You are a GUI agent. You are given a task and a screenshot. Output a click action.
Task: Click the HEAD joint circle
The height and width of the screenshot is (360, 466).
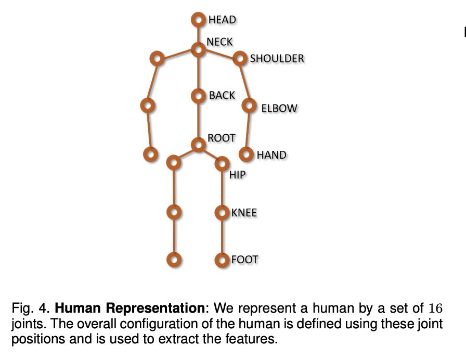point(198,20)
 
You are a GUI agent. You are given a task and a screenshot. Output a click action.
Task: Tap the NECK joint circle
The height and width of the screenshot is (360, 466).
point(198,49)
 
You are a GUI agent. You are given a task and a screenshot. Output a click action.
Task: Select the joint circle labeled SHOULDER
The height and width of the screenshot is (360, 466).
point(240,58)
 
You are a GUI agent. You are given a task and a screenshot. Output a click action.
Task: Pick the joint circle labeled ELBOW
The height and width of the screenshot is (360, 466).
point(250,106)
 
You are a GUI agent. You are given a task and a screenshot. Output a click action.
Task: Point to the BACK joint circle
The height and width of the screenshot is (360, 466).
point(198,96)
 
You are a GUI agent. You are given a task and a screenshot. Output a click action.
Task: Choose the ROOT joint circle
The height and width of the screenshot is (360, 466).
point(198,144)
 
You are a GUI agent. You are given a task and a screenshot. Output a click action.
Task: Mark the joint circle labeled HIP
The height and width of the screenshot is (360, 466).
point(222,163)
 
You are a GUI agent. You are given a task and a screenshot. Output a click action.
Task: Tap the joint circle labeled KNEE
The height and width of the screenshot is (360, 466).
point(222,212)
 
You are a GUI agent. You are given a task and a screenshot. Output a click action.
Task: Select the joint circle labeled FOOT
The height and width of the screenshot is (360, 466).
point(222,259)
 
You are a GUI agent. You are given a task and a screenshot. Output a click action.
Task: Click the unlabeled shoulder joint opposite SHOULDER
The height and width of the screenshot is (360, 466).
point(156,58)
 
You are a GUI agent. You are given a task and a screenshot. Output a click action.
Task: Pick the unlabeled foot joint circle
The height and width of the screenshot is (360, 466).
point(174,259)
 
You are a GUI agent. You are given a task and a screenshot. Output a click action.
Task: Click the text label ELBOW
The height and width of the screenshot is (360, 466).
point(279,109)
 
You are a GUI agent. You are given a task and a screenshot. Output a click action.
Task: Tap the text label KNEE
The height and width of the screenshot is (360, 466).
point(244,213)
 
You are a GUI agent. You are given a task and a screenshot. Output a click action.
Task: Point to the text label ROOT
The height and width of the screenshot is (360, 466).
point(222,138)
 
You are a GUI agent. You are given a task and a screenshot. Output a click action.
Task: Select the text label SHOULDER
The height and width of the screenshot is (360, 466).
point(277,59)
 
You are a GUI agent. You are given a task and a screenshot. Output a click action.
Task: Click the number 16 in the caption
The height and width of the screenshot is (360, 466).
point(436,308)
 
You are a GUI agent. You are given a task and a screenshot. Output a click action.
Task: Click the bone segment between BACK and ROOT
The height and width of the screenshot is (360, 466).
point(198,120)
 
